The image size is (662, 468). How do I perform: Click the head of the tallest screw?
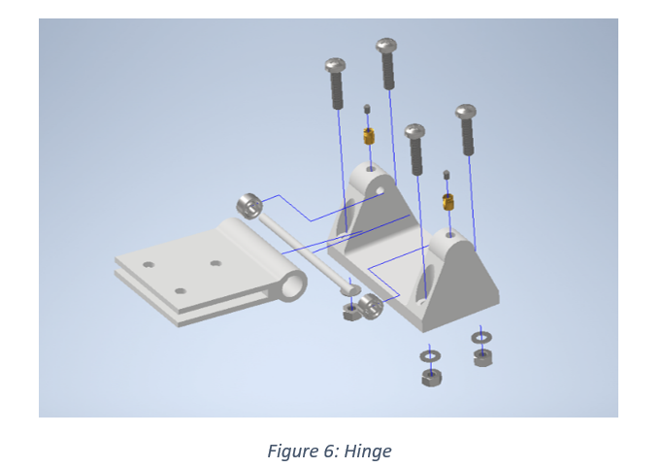[386, 46]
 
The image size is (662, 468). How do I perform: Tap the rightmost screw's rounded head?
[466, 113]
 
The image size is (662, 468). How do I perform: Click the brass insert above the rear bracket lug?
[369, 136]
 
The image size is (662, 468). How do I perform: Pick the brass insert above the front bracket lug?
[447, 202]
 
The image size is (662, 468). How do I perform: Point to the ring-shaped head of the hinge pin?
[249, 206]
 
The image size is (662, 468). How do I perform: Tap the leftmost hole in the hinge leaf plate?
[148, 264]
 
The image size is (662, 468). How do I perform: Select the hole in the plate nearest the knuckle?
[215, 263]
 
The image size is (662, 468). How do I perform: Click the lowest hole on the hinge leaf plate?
[180, 290]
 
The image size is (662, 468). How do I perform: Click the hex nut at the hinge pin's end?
[352, 313]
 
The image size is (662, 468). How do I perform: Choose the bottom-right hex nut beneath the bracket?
[482, 357]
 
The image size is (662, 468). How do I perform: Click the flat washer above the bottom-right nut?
[481, 338]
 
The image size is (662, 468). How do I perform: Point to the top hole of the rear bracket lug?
[370, 169]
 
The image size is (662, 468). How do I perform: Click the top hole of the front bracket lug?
[449, 234]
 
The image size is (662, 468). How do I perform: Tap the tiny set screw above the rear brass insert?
[367, 109]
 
